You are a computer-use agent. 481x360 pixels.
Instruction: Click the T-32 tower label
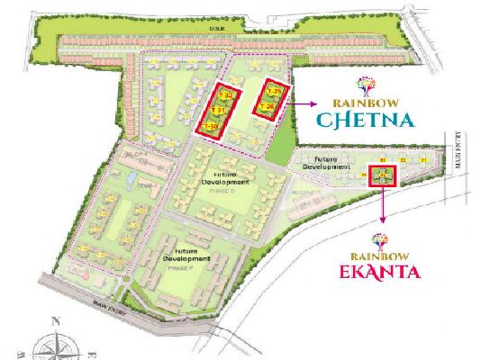pos(228,94)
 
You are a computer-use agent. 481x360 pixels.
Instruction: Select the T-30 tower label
pos(211,126)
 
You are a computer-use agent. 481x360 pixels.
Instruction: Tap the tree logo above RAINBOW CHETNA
pos(369,85)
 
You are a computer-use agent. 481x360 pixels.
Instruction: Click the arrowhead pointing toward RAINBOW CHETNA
pos(311,103)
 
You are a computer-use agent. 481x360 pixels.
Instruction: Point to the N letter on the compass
pos(56,322)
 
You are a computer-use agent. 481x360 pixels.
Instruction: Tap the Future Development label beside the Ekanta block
pos(325,163)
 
